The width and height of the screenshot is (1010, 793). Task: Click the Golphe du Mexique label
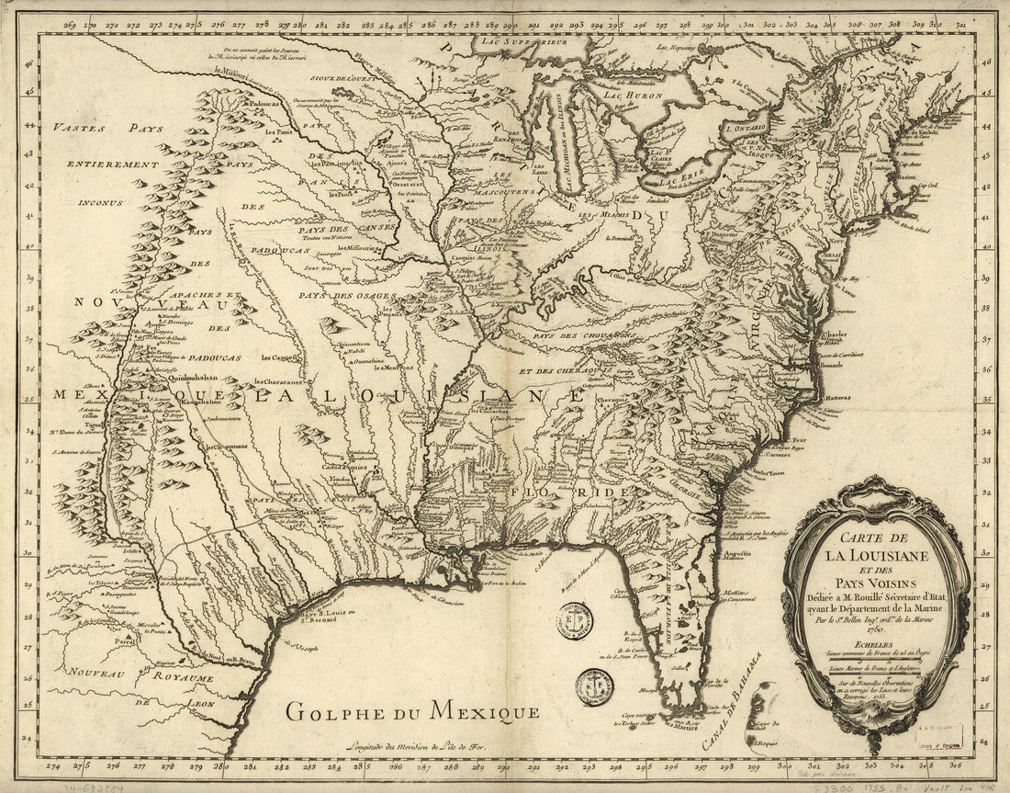coord(410,709)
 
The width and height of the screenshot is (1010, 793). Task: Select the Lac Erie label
coord(688,167)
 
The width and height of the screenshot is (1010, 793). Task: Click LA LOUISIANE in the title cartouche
coord(877,555)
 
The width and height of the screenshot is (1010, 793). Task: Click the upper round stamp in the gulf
coord(577,621)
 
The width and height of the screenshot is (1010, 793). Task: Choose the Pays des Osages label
coord(345,295)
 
